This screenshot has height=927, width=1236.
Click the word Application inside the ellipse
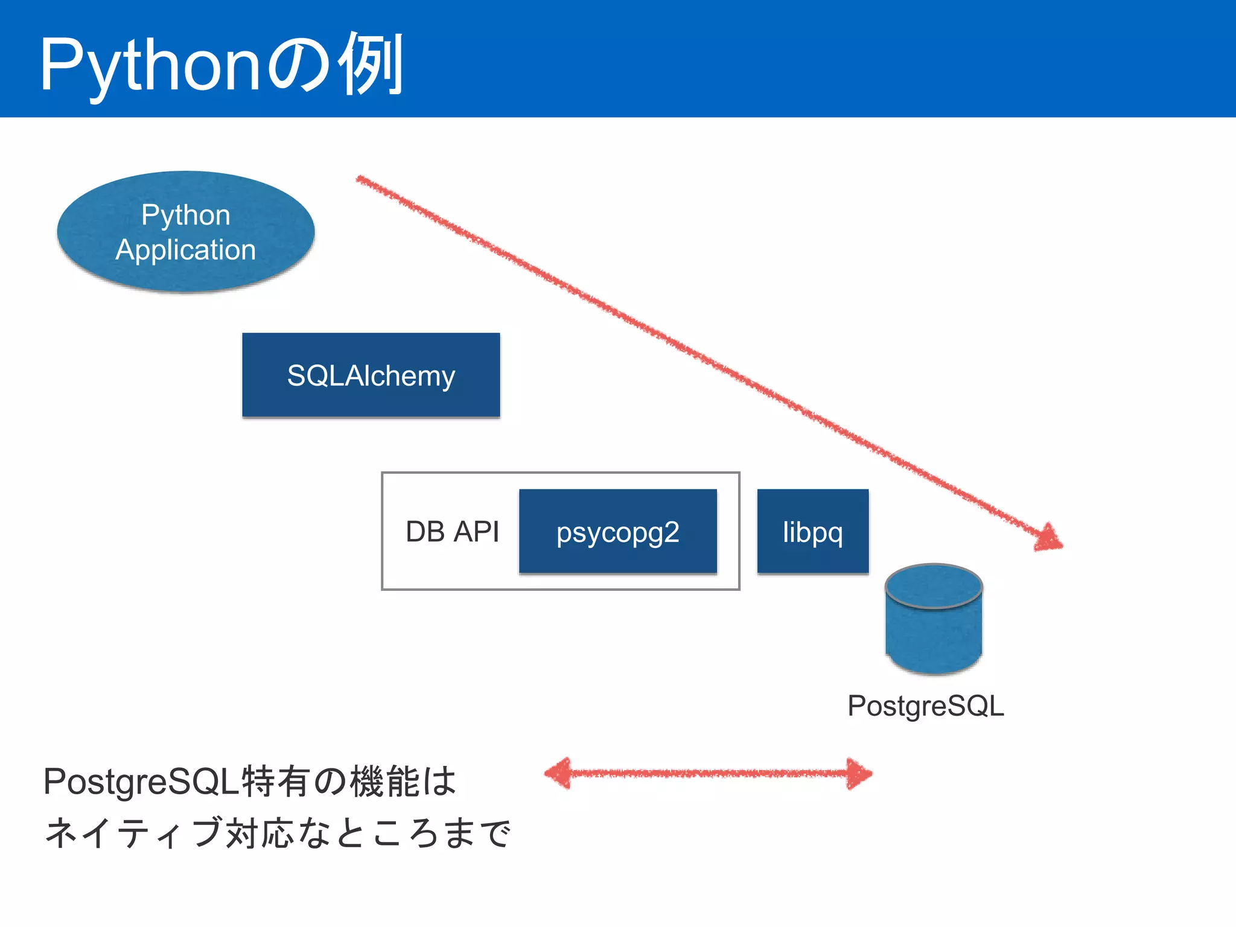186,250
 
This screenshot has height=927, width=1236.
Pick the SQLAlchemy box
371,375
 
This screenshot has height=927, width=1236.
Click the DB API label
452,532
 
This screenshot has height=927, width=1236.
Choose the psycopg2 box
617,532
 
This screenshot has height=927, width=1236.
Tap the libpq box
812,532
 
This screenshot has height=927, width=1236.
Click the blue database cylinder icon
934,634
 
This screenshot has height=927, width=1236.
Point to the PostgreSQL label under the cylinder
925,706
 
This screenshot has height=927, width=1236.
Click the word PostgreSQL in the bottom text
141,782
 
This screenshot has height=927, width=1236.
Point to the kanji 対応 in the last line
260,833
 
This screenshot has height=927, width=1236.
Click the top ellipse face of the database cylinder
934,586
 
